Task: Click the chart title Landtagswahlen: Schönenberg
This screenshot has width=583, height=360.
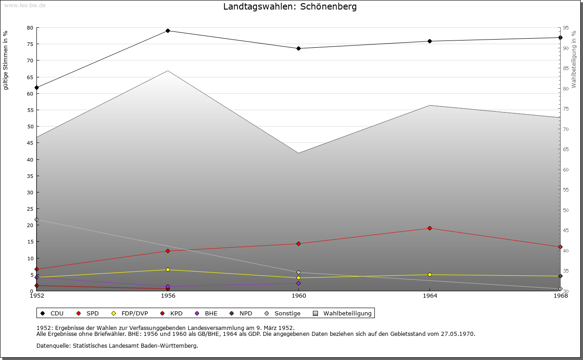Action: [x=290, y=7]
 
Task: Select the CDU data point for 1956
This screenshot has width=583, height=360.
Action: [x=168, y=31]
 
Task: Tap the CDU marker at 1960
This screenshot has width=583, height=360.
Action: [x=298, y=48]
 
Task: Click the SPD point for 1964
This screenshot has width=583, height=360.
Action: [x=430, y=228]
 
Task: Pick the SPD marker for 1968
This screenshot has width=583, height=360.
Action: [x=560, y=247]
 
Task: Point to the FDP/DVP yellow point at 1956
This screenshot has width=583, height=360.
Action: [x=168, y=270]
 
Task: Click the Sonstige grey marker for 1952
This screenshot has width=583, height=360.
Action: [x=37, y=220]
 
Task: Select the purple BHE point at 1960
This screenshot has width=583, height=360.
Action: [x=298, y=284]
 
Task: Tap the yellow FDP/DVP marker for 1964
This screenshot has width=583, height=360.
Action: [x=430, y=275]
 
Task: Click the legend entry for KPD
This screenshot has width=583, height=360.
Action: [x=176, y=314]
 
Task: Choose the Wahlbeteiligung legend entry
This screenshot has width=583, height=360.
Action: [x=347, y=314]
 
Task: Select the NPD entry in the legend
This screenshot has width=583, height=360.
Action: [x=245, y=314]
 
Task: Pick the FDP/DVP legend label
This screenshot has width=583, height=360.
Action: [x=134, y=314]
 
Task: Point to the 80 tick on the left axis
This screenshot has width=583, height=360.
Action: [x=30, y=28]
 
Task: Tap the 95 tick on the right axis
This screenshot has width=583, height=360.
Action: [x=565, y=28]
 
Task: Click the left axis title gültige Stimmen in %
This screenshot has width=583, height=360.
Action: [x=6, y=61]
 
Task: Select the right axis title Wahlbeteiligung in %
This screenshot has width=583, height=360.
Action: [x=574, y=59]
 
